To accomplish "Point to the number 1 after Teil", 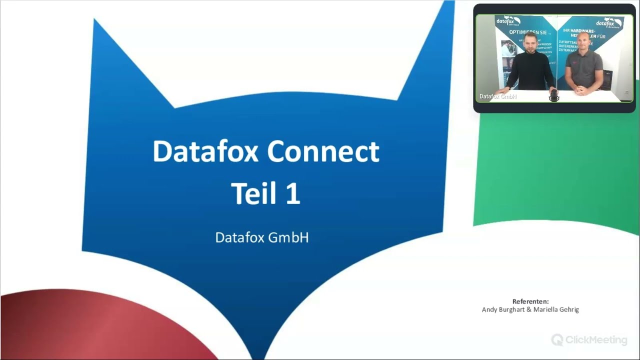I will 292,194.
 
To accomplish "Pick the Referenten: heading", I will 530,301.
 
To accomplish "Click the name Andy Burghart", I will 503,309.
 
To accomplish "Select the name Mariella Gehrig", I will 556,309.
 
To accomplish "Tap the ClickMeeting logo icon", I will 557,340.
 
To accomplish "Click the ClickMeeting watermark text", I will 596,340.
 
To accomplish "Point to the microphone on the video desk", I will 554,95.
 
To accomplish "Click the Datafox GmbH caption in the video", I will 498,96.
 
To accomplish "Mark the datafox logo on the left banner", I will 508,21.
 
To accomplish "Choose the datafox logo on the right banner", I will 608,23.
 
